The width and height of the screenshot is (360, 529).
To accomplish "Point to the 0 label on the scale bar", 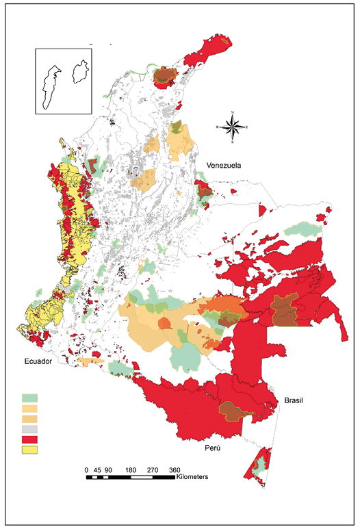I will (87, 470).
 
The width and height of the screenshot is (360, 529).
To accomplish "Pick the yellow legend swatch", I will (30, 450).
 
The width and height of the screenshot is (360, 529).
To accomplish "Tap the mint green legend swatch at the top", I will (30, 397).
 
